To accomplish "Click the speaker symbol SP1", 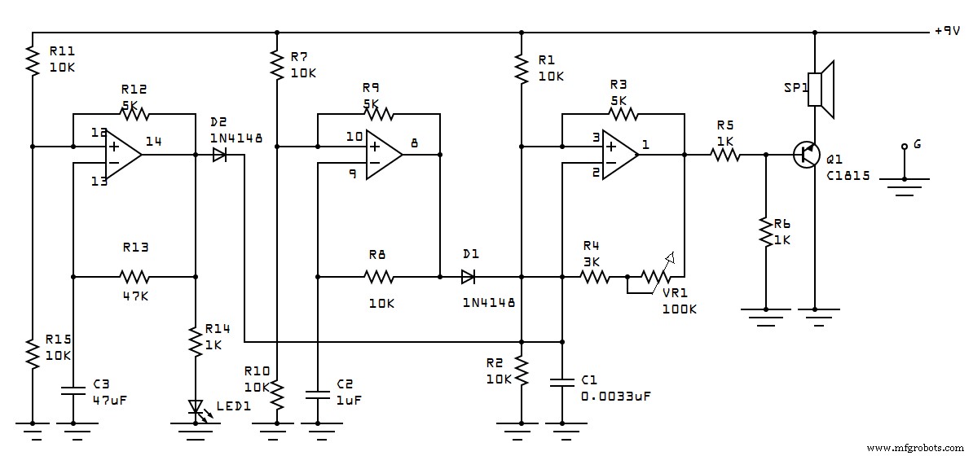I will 823,90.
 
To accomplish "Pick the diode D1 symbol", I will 468,277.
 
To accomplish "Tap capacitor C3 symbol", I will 73,389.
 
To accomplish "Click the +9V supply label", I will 949,32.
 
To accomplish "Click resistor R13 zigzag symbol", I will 134,277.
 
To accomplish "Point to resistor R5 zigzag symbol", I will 725,154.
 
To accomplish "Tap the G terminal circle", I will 904,147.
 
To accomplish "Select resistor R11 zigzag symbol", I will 33,61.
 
